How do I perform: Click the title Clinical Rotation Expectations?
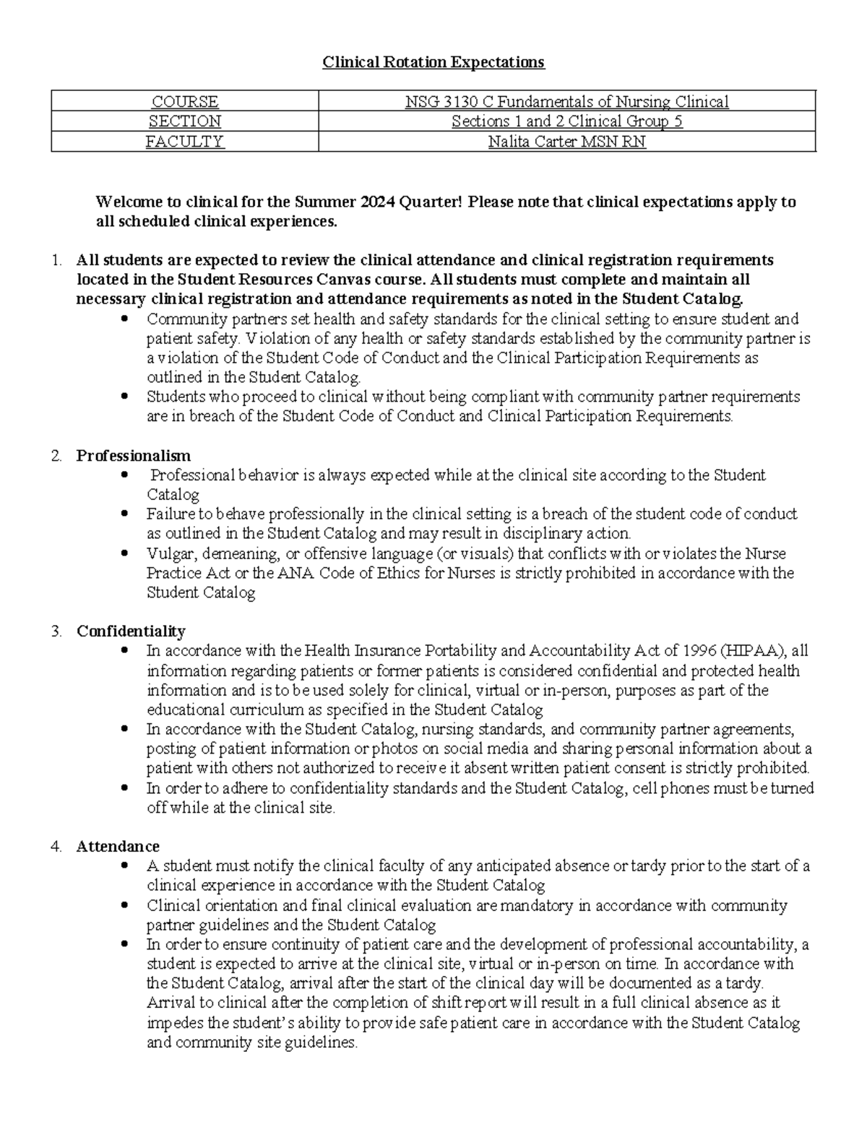[x=433, y=62]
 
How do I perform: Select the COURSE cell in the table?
[x=184, y=102]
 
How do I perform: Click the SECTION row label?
[x=184, y=121]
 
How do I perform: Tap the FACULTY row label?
[x=184, y=142]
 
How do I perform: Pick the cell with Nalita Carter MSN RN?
[x=566, y=142]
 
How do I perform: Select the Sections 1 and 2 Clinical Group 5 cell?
[x=566, y=121]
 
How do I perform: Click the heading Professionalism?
[x=134, y=456]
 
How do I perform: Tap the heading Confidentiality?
[x=131, y=631]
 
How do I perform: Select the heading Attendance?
[x=118, y=846]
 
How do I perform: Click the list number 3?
[x=56, y=631]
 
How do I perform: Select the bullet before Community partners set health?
[x=126, y=319]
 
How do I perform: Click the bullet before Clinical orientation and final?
[x=126, y=905]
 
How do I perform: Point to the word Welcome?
[x=129, y=202]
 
